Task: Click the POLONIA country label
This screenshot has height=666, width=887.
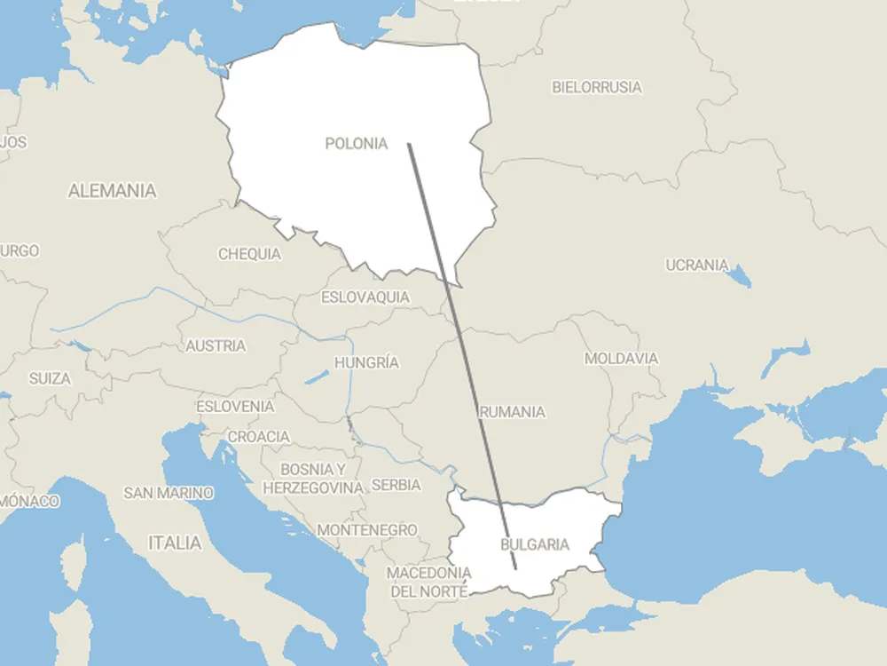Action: point(357,143)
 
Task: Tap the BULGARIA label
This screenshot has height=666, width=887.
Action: point(535,544)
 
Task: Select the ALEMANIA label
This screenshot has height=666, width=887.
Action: point(112,190)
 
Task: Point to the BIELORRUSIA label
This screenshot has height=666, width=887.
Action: point(597,87)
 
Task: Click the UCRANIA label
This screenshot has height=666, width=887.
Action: point(697,265)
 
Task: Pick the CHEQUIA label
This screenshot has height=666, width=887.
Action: point(249,254)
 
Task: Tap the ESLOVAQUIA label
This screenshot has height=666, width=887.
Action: point(365,297)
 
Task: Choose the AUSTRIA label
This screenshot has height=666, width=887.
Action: point(216,345)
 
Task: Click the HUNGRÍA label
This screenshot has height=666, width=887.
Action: point(366,362)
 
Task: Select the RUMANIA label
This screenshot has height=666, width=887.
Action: point(513,412)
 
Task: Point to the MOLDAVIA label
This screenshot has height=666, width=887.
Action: point(621,359)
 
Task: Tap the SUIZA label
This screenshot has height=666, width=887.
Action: point(50,378)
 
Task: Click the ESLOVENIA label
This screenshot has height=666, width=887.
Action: point(235,406)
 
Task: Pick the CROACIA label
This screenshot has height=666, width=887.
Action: point(259,436)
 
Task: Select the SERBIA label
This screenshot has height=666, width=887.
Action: point(396,485)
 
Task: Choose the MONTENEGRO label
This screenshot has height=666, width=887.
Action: point(367,529)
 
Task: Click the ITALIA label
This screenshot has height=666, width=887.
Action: point(175,543)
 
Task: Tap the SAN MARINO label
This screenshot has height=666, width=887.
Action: point(169,492)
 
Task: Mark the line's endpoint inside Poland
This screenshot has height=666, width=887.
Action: point(408,144)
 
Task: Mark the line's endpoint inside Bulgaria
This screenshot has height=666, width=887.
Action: point(515,568)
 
